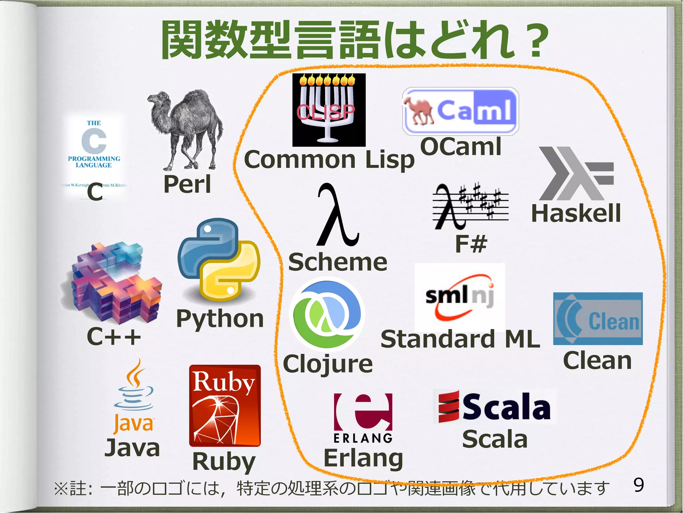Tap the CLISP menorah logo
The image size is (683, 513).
pyautogui.click(x=329, y=110)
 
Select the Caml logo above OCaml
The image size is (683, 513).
pyautogui.click(x=461, y=111)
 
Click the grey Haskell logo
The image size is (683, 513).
pyautogui.click(x=576, y=173)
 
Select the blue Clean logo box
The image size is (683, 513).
pyautogui.click(x=598, y=319)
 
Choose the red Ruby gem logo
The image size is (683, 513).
pyautogui.click(x=225, y=405)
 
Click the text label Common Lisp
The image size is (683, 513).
pyautogui.click(x=329, y=160)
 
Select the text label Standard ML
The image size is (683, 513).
pyautogui.click(x=460, y=339)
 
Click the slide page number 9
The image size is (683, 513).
pyautogui.click(x=638, y=485)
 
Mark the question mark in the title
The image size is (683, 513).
pyautogui.click(x=535, y=40)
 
